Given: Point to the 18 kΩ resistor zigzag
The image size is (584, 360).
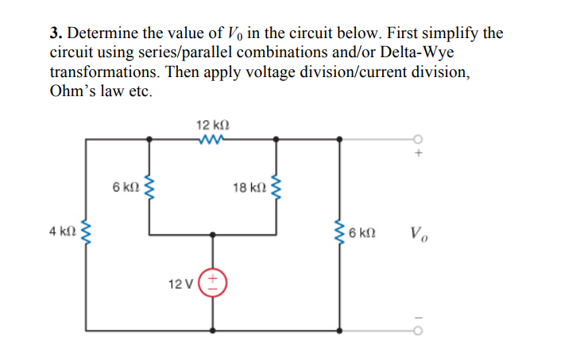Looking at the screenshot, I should pyautogui.click(x=276, y=188).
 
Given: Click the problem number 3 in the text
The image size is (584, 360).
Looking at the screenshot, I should pyautogui.click(x=55, y=33).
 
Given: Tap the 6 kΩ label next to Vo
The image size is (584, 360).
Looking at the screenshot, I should pyautogui.click(x=364, y=234).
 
